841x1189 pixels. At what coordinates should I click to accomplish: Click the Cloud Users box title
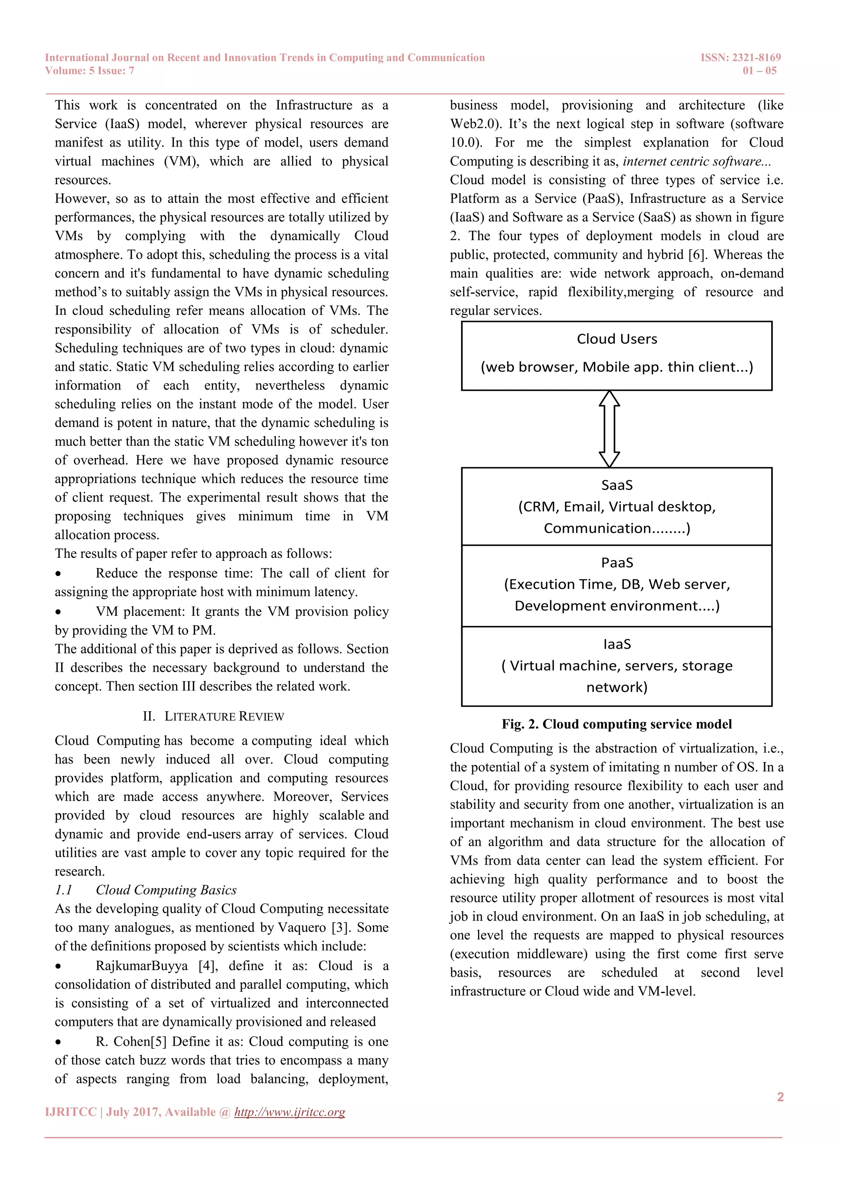pos(616,339)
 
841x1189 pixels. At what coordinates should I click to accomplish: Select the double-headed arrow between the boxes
pos(609,429)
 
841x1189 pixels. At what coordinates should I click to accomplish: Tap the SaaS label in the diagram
pos(616,485)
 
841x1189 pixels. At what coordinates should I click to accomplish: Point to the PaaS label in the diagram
pos(616,563)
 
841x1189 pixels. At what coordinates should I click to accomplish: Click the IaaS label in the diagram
pos(616,644)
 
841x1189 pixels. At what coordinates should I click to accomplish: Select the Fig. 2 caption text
pos(616,724)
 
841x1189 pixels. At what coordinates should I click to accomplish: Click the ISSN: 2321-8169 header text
pos(740,57)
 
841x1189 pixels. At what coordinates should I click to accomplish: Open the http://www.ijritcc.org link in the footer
pos(290,1112)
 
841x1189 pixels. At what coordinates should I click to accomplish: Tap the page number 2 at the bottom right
pos(780,1097)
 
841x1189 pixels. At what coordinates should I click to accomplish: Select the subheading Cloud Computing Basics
pos(166,890)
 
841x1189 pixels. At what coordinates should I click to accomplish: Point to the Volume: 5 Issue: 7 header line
pos(90,71)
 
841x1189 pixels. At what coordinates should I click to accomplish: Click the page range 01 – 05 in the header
pos(759,71)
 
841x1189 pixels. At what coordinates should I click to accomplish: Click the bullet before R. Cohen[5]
pos(59,1042)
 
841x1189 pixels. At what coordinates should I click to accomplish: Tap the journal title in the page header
pos(264,57)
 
